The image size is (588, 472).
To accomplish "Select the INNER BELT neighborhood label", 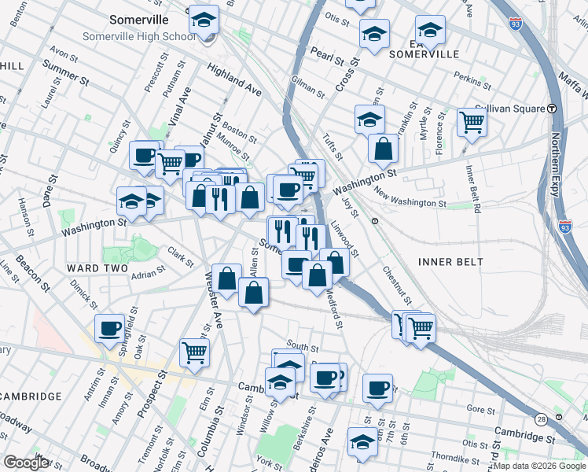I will (449, 261).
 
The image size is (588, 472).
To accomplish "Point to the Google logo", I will (26, 463).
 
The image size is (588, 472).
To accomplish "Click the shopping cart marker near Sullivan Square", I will (472, 122).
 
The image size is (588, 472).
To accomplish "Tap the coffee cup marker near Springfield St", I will (109, 329).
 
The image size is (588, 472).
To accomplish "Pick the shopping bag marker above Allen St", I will (226, 279).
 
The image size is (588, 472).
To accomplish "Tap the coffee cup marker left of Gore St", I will (378, 388).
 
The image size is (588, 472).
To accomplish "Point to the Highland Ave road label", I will (234, 80).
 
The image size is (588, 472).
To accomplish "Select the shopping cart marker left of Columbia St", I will (194, 352).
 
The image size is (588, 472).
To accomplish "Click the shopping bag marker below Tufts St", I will (383, 149).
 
